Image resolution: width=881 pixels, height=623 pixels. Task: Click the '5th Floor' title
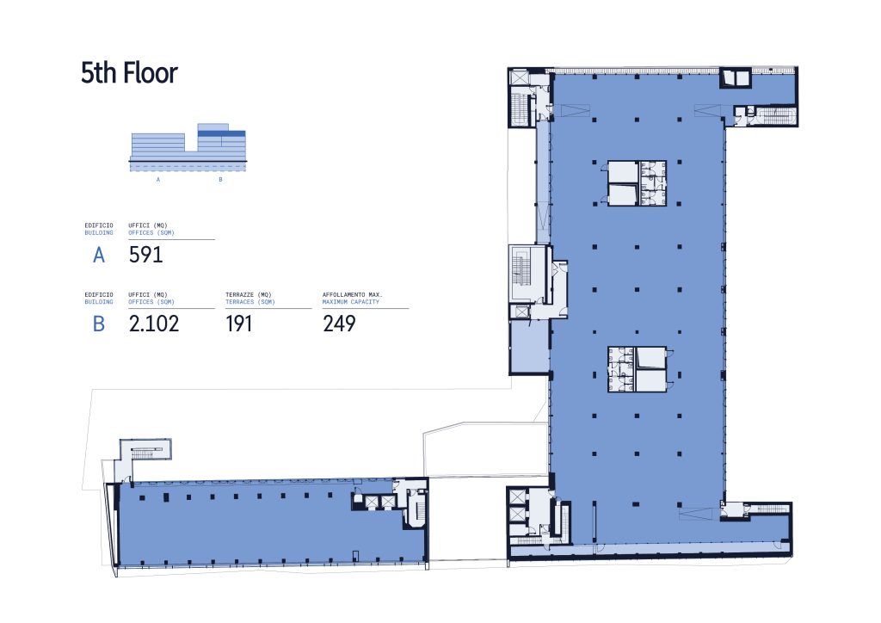129,73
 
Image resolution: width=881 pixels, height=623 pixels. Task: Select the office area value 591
145,255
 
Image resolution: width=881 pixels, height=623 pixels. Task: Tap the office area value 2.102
154,324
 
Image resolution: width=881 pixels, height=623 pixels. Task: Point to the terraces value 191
239,324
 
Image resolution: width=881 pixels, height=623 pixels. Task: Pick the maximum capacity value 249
339,324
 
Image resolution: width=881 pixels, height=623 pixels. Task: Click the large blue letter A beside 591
99,255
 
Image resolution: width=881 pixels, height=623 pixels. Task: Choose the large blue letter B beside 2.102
99,324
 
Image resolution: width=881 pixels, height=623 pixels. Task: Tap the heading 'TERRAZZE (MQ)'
249,294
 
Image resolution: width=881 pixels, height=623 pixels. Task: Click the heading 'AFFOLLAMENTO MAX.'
352,294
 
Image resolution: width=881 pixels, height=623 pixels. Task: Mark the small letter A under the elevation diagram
158,180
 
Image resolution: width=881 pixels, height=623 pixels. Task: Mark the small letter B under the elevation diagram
220,180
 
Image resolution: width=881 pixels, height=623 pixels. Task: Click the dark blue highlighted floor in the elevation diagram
221,133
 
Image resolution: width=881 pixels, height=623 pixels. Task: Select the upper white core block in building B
637,183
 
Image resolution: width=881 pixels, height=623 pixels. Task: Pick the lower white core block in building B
638,369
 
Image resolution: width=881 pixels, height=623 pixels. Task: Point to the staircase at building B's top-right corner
775,115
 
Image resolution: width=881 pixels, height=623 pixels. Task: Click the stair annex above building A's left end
144,451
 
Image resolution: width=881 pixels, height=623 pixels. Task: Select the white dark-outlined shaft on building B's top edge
736,78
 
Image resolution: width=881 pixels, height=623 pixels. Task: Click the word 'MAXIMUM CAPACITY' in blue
351,302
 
